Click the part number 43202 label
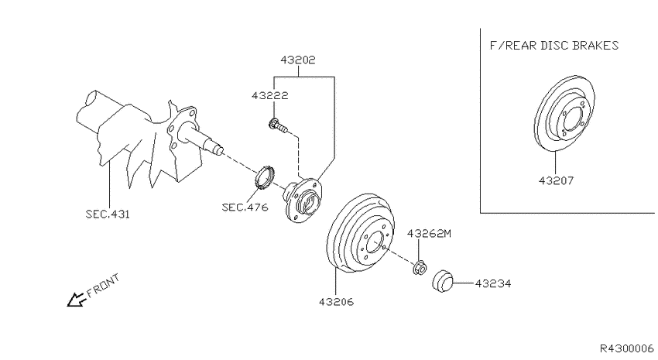(298, 60)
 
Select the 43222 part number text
(270, 96)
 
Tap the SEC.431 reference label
(108, 214)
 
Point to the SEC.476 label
(245, 207)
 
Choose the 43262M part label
(429, 234)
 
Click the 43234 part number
(493, 284)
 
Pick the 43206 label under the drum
(336, 302)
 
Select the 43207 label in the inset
(556, 181)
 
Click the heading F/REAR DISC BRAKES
(554, 46)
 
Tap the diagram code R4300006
(626, 348)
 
